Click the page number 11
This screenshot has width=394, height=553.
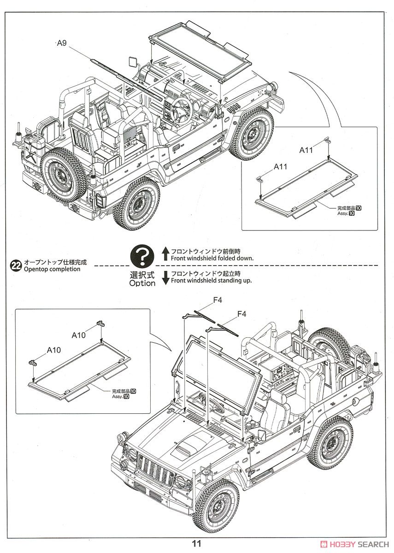click(x=197, y=544)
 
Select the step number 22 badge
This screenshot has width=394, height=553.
click(x=16, y=265)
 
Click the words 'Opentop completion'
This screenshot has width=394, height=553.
click(x=52, y=269)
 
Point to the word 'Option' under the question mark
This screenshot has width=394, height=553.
click(x=142, y=283)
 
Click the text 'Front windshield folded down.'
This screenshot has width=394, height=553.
click(x=212, y=258)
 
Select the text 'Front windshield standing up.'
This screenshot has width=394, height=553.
click(x=211, y=281)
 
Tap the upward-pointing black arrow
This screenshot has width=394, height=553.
click(x=165, y=254)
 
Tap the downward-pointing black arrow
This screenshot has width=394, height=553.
click(x=165, y=278)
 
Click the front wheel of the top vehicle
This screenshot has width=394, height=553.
click(x=251, y=134)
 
